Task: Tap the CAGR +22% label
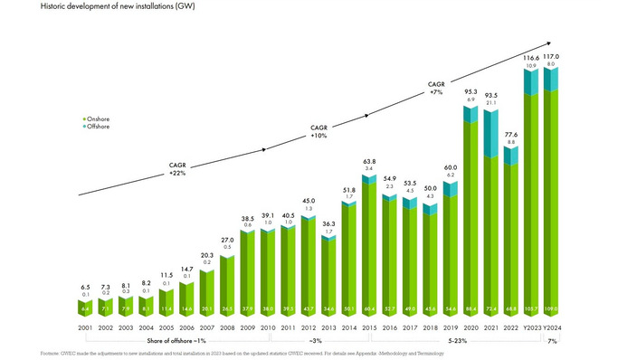(178, 169)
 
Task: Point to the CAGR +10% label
(318, 131)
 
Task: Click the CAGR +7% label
(437, 88)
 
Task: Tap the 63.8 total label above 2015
(369, 161)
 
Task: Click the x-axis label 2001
(86, 327)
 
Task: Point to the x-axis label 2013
(329, 327)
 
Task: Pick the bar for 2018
(431, 262)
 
